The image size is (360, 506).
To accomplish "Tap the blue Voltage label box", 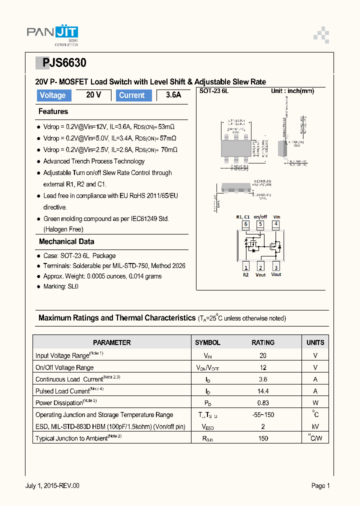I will tap(53, 95).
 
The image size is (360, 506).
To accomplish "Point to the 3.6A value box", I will tap(172, 95).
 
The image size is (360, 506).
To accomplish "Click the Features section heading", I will tap(53, 111).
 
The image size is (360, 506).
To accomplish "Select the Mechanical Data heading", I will tap(66, 241).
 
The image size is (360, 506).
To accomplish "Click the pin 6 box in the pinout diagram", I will tap(245, 224).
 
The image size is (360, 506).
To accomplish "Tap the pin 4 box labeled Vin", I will tap(276, 224).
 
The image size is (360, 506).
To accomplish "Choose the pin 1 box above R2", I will tap(245, 266).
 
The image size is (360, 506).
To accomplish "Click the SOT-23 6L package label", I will tap(213, 91).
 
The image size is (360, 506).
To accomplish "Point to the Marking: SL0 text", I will tap(60, 286).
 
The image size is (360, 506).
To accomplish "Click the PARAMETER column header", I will tap(112, 342).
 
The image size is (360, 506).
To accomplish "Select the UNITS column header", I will tap(315, 342).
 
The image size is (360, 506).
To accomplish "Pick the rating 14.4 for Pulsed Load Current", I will tap(263, 391).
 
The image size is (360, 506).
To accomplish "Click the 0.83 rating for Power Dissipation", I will tap(263, 403).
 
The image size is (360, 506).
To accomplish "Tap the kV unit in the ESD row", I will tap(315, 426).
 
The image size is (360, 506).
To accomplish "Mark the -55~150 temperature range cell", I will tap(263, 414).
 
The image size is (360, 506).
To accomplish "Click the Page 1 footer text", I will tap(320, 485).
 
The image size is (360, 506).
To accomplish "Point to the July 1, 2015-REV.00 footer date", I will tap(52, 485).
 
